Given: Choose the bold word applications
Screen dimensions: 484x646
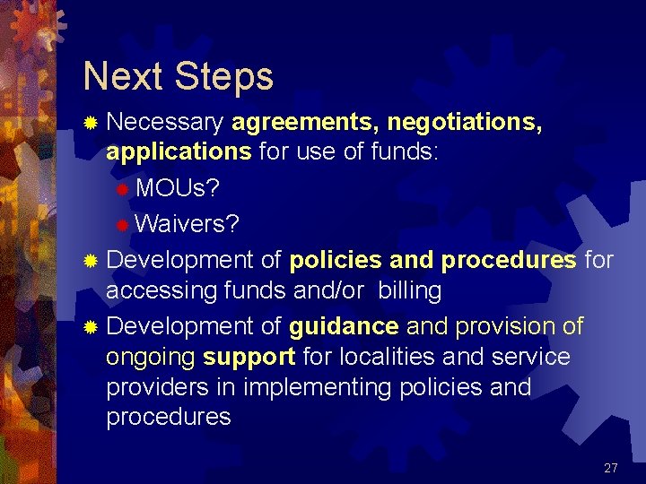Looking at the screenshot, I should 179,151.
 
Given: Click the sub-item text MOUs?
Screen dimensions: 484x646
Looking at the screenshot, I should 177,189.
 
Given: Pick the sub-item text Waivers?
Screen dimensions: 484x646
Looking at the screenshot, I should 188,223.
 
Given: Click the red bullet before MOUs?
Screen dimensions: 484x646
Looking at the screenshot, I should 123,189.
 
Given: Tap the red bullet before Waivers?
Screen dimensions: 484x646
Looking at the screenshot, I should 123,223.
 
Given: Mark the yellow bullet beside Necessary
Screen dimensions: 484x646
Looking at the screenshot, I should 90,122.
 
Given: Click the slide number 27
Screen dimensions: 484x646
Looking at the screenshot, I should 611,468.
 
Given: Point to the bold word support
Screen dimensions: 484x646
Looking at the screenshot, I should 249,357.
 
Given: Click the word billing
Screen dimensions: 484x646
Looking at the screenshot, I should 410,290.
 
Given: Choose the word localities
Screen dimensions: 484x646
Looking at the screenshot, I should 386,357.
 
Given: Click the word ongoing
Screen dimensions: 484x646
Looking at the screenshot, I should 151,358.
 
